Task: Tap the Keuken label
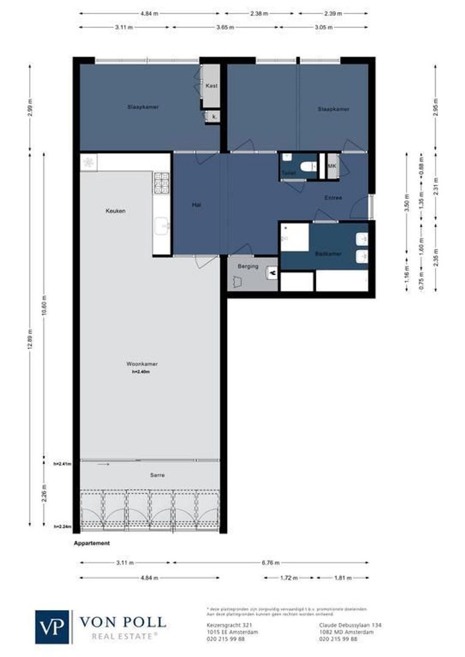(x=116, y=210)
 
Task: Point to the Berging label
(x=248, y=266)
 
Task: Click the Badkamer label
(x=328, y=253)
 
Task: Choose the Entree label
(x=333, y=198)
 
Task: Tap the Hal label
(x=197, y=206)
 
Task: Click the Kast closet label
(x=211, y=86)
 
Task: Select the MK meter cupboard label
(x=332, y=165)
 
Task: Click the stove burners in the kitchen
(x=161, y=182)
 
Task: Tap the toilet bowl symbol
(x=309, y=165)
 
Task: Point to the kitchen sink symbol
(x=162, y=227)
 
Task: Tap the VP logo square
(x=52, y=627)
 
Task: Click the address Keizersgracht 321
(x=223, y=625)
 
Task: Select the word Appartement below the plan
(x=92, y=543)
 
